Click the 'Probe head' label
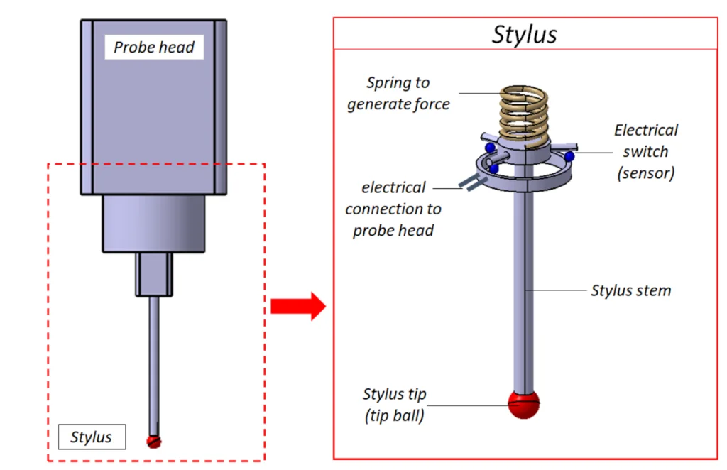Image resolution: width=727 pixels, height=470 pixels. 154,48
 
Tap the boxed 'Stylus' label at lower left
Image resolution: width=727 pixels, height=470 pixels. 92,437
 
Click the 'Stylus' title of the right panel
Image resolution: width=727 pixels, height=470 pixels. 525,33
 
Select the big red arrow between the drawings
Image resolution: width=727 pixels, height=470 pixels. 297,307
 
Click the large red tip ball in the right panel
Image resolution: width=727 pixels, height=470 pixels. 525,404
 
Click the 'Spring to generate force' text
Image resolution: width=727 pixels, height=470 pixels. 398,93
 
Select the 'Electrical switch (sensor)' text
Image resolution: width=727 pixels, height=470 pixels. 645,151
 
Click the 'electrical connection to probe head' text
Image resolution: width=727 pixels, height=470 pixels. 393,209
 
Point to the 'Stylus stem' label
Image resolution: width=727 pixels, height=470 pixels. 630,290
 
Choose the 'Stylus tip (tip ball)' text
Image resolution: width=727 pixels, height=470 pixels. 395,405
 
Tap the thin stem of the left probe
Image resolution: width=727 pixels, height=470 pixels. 154,362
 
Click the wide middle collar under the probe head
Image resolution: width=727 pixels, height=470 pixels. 154,224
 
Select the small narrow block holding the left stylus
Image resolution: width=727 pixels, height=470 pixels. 154,274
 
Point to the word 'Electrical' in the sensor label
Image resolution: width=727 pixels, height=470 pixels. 646,130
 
